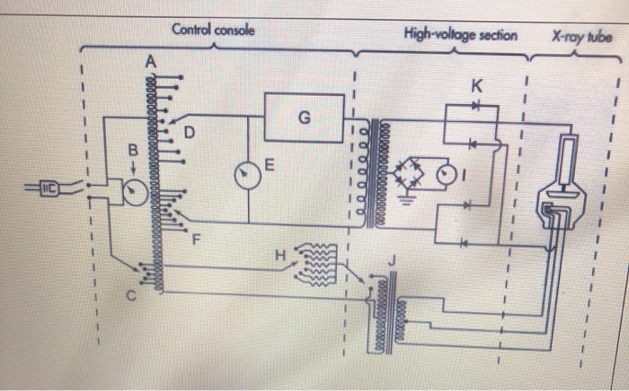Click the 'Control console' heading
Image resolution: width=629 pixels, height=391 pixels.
[x=212, y=30]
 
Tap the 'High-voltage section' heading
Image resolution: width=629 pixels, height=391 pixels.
[x=460, y=35]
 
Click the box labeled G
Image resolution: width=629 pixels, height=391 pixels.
[x=305, y=117]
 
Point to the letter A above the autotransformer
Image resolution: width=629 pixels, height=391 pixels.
[x=150, y=60]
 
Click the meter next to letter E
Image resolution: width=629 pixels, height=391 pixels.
[x=248, y=175]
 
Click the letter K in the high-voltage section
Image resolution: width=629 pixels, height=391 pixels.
[x=476, y=87]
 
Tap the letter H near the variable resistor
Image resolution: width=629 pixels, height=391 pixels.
[x=280, y=255]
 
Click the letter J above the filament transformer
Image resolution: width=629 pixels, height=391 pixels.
[x=390, y=261]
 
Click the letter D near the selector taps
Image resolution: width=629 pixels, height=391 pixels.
[x=190, y=134]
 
